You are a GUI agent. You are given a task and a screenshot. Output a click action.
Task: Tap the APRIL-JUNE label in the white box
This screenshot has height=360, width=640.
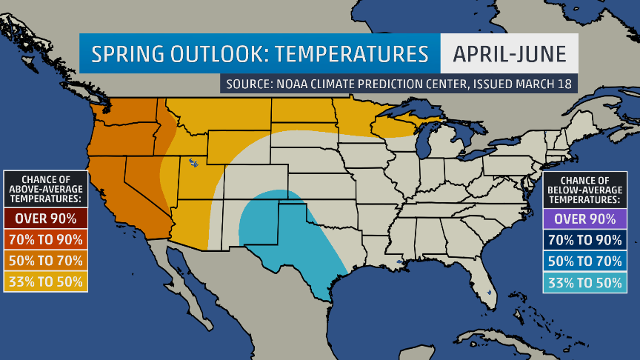tap(509, 54)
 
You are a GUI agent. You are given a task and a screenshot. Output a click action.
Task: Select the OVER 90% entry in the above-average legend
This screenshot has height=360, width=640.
tap(46, 219)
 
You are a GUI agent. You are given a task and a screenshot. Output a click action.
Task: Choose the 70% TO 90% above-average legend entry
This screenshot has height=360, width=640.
tap(46, 239)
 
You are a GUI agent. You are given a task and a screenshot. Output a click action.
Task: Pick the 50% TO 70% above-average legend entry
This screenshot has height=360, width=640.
tap(46, 261)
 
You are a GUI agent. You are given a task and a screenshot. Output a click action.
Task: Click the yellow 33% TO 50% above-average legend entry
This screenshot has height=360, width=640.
tap(46, 281)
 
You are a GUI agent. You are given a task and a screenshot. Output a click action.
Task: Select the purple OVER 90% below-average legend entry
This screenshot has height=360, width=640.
tap(585, 219)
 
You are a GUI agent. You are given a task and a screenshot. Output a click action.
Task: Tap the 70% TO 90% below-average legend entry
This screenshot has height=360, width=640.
tap(585, 240)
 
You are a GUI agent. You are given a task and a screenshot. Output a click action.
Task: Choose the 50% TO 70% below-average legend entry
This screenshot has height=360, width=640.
tap(585, 261)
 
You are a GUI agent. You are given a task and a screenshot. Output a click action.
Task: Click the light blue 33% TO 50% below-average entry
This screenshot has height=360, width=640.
tap(585, 282)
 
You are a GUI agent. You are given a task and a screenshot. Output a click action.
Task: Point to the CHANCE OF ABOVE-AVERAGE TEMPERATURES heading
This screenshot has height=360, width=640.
tap(46, 189)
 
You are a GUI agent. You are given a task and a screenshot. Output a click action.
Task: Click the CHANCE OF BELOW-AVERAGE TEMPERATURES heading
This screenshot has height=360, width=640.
tap(585, 190)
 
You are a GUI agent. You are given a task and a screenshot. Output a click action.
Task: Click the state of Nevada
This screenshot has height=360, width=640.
tap(141, 181)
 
